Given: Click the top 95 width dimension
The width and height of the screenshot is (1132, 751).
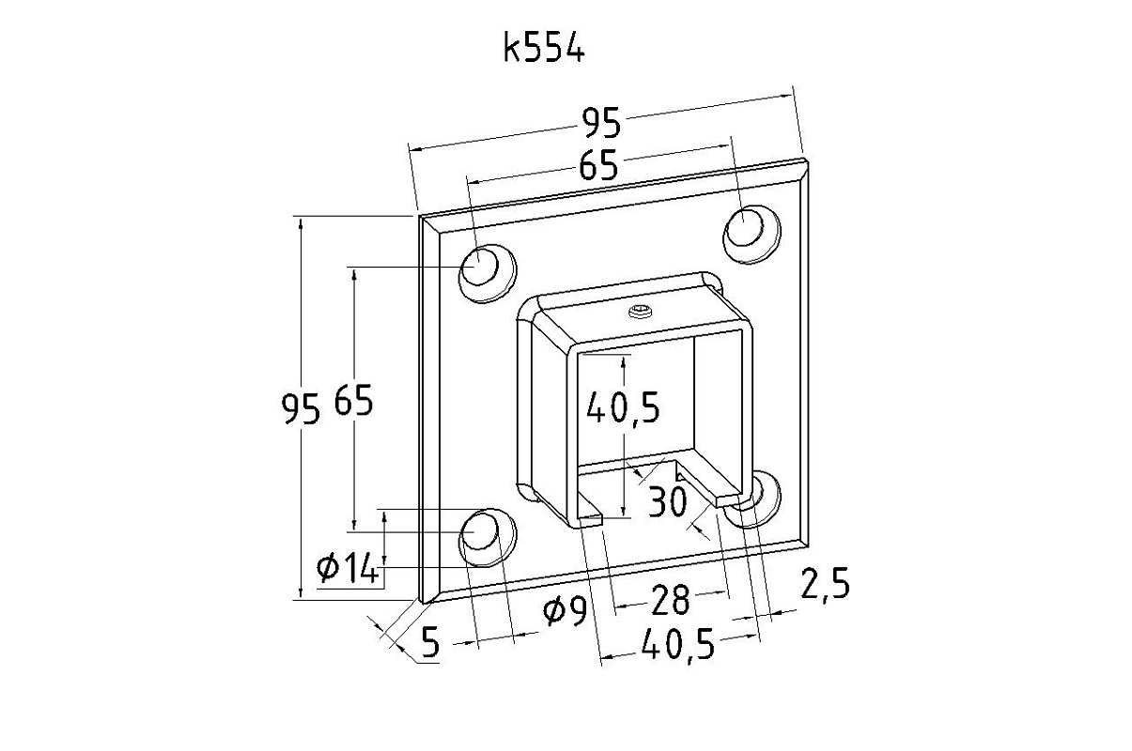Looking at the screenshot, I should click(601, 122).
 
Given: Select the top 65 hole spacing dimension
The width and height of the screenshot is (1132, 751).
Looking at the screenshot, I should click(598, 165).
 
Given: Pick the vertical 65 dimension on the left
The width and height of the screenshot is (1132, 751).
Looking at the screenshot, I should click(352, 402).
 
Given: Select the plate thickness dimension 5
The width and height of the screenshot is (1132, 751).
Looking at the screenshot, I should click(430, 642).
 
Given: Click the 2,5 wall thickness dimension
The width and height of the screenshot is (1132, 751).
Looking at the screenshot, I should click(825, 585).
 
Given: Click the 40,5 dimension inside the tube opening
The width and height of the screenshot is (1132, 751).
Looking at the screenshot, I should click(623, 406).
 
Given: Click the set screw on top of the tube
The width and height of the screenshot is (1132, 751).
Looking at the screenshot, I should click(641, 311).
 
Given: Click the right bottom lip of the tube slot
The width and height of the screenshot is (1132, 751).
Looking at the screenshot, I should click(733, 498).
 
